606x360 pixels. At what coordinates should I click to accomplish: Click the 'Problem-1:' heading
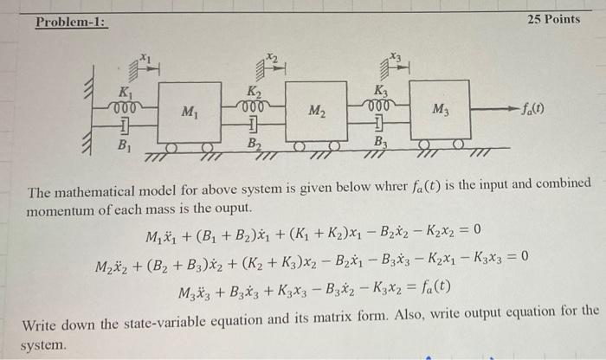coord(70,19)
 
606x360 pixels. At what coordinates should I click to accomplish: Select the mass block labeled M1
coord(190,110)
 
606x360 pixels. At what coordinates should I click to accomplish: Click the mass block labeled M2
coord(316,110)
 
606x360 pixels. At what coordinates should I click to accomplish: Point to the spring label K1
coord(126,89)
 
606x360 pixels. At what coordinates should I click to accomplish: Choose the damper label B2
coord(254,144)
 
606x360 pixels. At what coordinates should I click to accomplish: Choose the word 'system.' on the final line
coord(42,344)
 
